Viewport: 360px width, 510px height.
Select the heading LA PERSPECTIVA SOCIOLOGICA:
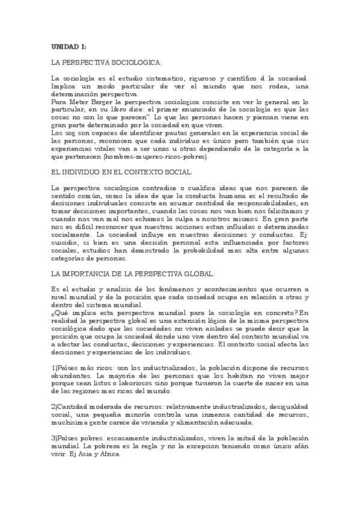point(107,63)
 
